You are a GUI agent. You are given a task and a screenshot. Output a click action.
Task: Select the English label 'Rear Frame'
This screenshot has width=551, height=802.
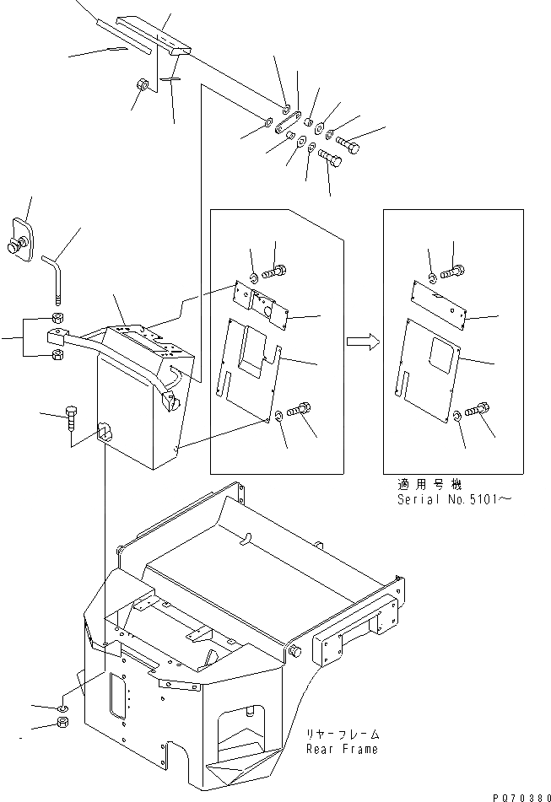tap(341, 749)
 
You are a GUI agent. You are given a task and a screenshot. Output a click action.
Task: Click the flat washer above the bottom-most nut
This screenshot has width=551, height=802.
tap(63, 706)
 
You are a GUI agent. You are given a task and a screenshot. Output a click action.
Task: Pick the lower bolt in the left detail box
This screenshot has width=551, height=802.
tap(300, 411)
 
